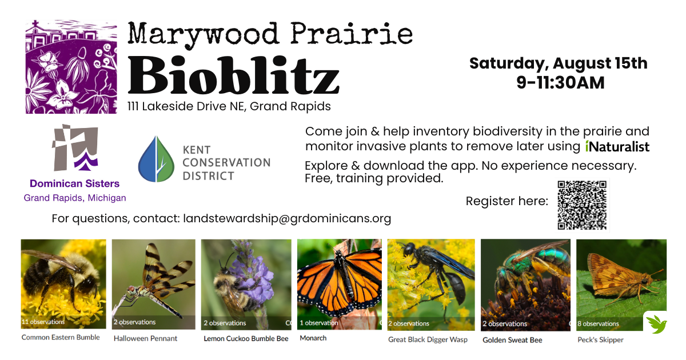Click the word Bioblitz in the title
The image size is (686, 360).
[233, 75]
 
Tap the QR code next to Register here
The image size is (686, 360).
[582, 205]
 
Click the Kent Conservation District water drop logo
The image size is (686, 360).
[156, 159]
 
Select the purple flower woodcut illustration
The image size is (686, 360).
[71, 67]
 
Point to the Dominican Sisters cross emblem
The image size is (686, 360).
[75, 147]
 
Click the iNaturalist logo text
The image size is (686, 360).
[617, 147]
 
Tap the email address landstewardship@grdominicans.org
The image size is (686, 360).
[287, 218]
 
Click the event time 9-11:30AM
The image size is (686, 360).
[560, 83]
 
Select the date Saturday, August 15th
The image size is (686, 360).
[559, 63]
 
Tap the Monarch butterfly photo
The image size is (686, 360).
[340, 285]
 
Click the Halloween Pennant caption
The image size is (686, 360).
[145, 338]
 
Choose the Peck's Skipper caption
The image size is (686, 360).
[600, 340]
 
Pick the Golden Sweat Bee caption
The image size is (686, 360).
[512, 340]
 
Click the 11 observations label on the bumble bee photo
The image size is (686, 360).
[43, 322]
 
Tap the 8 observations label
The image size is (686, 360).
[598, 323]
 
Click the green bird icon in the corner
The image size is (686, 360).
[656, 324]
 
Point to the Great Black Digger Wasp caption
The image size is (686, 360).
[428, 339]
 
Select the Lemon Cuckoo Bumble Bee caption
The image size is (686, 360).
[246, 338]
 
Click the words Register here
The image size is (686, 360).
[507, 201]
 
